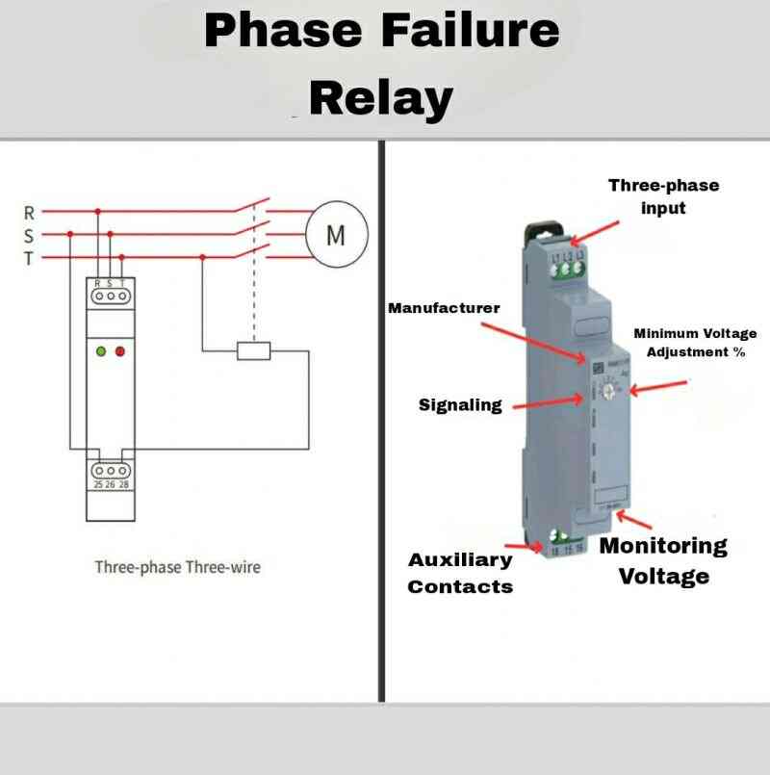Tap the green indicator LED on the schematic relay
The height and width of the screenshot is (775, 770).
(100, 351)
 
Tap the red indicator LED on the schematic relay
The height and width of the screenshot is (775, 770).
(120, 351)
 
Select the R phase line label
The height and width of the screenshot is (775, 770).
(29, 211)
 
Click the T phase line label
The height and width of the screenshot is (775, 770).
(29, 257)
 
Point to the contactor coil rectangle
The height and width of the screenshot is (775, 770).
(254, 350)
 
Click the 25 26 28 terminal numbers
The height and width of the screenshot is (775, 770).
(111, 484)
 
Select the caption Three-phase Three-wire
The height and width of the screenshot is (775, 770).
(177, 567)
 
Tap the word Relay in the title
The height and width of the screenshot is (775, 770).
(381, 97)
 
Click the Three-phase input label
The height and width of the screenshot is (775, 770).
(663, 196)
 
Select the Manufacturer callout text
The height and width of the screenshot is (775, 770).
(444, 308)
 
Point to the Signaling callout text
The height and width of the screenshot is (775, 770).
(460, 405)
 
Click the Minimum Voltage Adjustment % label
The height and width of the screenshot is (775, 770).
(695, 343)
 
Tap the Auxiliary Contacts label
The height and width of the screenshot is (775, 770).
(460, 573)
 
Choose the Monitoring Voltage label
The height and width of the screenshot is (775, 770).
(663, 560)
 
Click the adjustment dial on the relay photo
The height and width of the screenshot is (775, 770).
(604, 389)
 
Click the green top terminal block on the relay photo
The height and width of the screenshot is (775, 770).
(568, 266)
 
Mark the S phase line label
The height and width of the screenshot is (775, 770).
(29, 234)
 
